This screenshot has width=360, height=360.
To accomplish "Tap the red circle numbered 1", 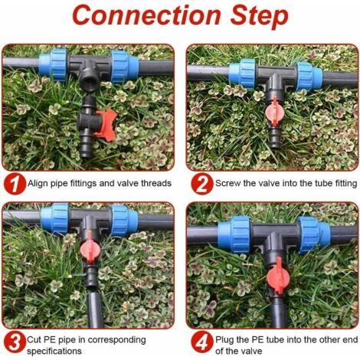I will [12, 184].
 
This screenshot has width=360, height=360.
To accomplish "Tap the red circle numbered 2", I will [200, 184].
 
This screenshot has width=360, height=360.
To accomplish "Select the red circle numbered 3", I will [12, 341].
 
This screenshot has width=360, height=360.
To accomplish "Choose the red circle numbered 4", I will [200, 341].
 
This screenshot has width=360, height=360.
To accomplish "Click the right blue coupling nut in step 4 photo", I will [316, 233].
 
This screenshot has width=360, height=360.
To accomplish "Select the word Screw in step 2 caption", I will [229, 184].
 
